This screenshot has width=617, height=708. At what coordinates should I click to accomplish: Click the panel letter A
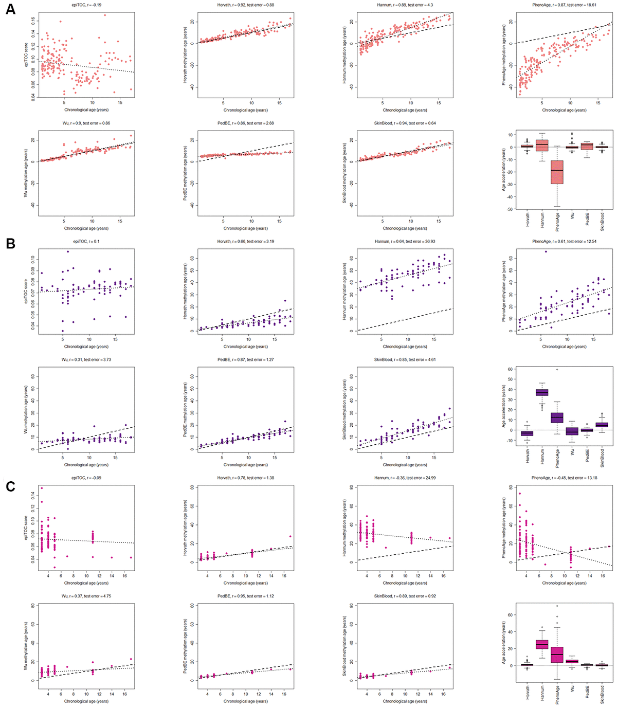10,10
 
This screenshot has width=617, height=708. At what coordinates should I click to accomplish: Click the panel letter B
10,244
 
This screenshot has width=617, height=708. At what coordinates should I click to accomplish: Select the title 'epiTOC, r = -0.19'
86,5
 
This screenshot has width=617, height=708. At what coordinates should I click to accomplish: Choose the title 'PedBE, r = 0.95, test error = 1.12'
245,596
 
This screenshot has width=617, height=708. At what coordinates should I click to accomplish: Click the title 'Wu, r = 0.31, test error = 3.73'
86,360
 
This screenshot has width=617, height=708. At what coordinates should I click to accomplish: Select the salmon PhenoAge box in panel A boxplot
557,172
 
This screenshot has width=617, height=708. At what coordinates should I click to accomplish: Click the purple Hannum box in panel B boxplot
542,392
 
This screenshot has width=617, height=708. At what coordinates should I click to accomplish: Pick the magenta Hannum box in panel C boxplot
542,644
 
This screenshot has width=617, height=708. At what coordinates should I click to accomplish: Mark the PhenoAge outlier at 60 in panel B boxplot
557,369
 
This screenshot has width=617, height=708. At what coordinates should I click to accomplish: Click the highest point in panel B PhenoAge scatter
546,252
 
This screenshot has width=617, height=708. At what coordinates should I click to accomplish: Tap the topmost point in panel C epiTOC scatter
42,488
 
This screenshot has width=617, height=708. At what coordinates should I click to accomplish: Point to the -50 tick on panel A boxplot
511,209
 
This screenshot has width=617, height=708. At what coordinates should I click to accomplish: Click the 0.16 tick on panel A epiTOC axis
33,21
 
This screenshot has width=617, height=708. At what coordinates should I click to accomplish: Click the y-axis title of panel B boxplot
503,405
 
